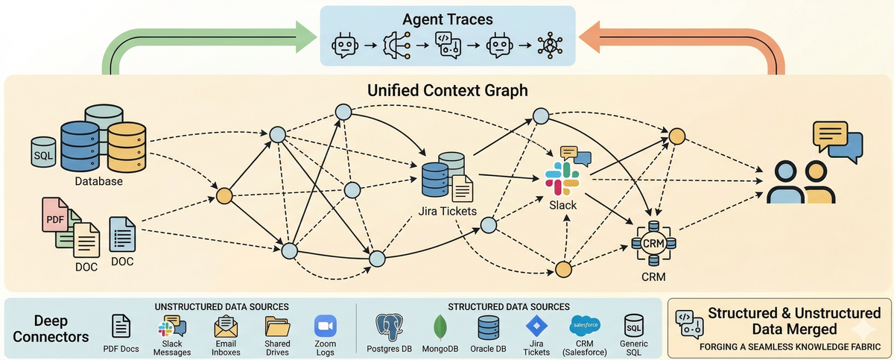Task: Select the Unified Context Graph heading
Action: [x=448, y=91]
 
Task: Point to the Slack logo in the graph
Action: [x=563, y=179]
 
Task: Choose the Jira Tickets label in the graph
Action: [x=447, y=211]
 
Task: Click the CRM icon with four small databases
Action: [x=653, y=242]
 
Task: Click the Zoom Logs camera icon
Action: [x=326, y=326]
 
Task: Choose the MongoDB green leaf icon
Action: [x=440, y=326]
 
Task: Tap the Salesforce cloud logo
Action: [x=586, y=325]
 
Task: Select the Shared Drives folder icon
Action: [x=277, y=326]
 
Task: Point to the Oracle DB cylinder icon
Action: [x=489, y=326]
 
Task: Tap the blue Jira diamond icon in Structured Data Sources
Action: [x=536, y=326]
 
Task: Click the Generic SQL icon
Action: [x=634, y=326]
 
